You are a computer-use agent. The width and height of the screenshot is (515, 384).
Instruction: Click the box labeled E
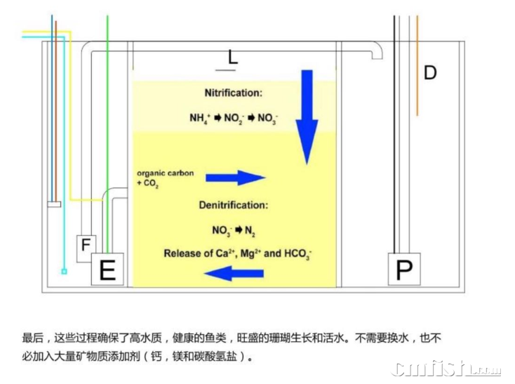tap(107, 270)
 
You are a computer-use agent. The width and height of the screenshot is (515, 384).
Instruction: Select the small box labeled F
tap(86, 246)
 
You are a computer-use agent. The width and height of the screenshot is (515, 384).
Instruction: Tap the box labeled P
tap(404, 270)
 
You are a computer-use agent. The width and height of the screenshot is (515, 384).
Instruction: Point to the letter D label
tap(430, 72)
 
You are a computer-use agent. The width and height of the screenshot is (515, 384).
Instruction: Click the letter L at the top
tap(233, 57)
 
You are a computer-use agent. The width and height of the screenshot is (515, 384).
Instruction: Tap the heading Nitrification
tap(234, 93)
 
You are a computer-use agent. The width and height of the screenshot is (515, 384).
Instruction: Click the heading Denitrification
tap(233, 206)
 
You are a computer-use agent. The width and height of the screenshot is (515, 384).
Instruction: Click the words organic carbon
tap(165, 173)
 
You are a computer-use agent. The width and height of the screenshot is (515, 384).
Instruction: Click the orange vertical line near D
tap(417, 67)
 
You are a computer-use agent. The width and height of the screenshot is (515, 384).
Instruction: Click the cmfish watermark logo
tap(446, 369)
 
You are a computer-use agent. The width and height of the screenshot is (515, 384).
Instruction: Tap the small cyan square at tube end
tap(64, 271)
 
